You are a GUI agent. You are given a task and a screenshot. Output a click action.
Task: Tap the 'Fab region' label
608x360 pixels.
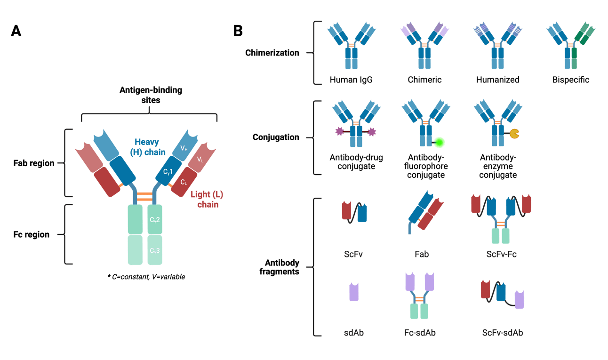(x=34, y=164)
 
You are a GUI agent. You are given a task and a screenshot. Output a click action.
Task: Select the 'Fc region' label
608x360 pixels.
(x=32, y=234)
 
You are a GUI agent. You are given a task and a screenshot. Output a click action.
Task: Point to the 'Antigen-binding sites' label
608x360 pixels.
(x=149, y=95)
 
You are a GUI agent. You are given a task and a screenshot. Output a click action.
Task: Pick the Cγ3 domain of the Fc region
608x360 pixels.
(x=155, y=251)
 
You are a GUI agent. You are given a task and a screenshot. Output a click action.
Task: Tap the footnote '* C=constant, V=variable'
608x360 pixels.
(x=146, y=277)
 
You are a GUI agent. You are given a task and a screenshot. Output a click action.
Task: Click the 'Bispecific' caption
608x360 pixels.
(x=571, y=80)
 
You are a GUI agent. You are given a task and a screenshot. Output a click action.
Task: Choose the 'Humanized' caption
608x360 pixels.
(x=497, y=80)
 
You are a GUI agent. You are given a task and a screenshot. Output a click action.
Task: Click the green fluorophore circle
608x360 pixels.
(x=440, y=142)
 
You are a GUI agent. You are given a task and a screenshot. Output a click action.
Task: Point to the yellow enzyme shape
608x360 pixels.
(x=514, y=134)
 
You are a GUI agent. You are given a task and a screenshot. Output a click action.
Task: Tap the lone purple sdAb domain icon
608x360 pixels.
(x=353, y=292)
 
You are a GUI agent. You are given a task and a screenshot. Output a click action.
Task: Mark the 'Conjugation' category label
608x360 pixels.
(x=276, y=137)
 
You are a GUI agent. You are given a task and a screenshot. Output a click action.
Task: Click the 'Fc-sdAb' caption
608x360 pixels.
(x=419, y=333)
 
